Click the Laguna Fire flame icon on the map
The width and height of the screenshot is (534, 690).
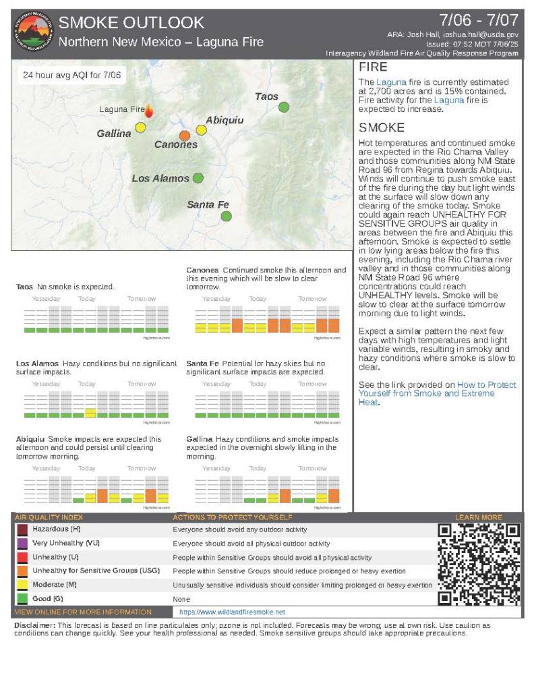point(149,111)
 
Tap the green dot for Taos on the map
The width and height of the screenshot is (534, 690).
point(284,107)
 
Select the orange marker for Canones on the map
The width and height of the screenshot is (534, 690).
point(185,136)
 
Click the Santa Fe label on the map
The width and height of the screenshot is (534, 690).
point(208,204)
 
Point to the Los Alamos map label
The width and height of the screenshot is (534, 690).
point(160,178)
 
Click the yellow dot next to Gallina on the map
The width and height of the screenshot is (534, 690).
point(140,127)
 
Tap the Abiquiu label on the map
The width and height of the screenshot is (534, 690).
point(225,120)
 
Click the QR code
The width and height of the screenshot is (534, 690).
point(479,564)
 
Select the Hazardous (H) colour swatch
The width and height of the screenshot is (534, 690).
point(22,529)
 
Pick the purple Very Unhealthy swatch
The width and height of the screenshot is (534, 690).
point(22,543)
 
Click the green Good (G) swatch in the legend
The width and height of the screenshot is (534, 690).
point(22,598)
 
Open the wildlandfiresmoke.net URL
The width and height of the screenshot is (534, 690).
point(228,612)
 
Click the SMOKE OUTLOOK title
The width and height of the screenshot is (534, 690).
point(131,23)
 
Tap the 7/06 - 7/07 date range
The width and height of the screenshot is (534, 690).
point(479,19)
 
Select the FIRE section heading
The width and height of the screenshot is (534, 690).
point(373,68)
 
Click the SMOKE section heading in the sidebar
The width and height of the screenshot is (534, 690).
point(381,127)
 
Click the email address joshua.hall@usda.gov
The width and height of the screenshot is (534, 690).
point(481,34)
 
